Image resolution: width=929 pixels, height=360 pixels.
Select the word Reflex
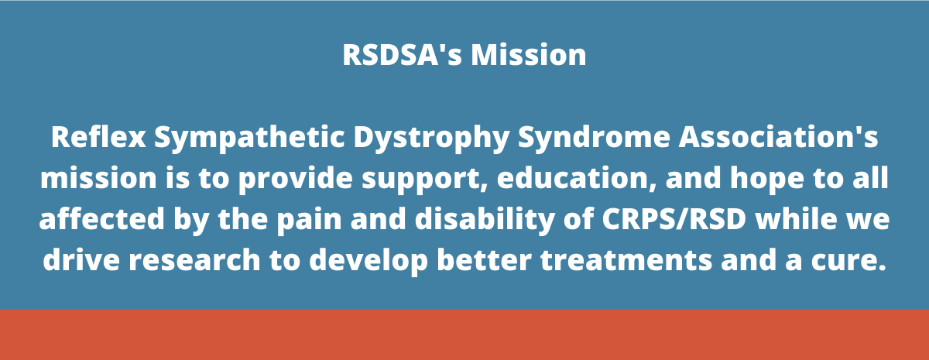click(x=98, y=139)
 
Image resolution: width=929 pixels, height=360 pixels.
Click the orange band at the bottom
click(x=464, y=334)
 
